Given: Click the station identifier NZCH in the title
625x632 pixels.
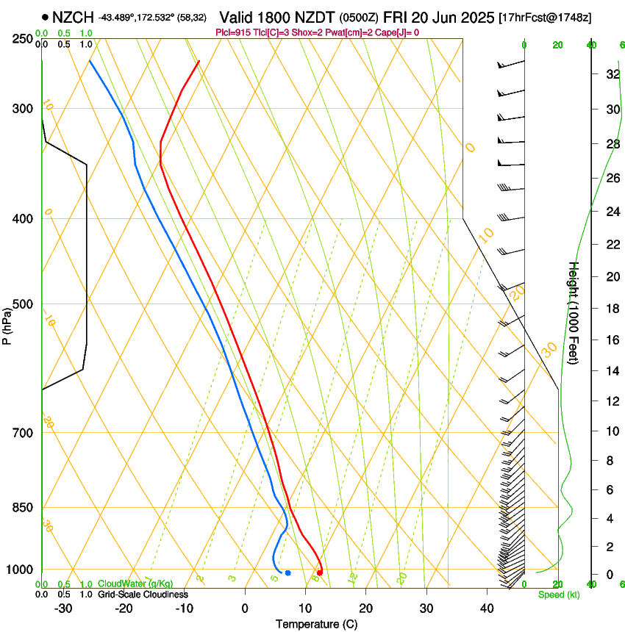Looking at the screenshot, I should coord(73,17).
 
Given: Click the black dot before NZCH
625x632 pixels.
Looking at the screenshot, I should coord(46,17).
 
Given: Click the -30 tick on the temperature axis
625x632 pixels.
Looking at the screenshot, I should coord(63,608).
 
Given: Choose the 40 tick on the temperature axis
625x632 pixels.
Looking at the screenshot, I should coord(487,608).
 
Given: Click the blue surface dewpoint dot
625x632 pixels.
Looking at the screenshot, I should coord(287,572).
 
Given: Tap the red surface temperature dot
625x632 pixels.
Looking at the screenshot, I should coord(319,572).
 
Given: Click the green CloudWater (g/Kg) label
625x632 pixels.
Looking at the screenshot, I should coord(136,583).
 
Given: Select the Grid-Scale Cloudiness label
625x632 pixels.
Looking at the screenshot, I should coord(143,594).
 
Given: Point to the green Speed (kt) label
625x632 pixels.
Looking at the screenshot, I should coord(558,595).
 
